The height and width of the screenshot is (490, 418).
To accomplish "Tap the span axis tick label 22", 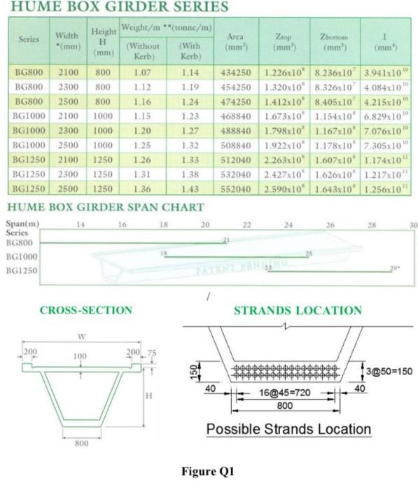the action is tap(246, 225).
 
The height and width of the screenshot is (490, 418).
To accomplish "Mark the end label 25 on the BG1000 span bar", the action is tap(308, 253).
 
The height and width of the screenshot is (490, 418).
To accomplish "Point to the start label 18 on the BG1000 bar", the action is tap(163, 252).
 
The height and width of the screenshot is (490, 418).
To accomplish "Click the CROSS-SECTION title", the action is tap(85, 310).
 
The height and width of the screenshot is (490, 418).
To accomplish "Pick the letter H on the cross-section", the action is tap(147, 395).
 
